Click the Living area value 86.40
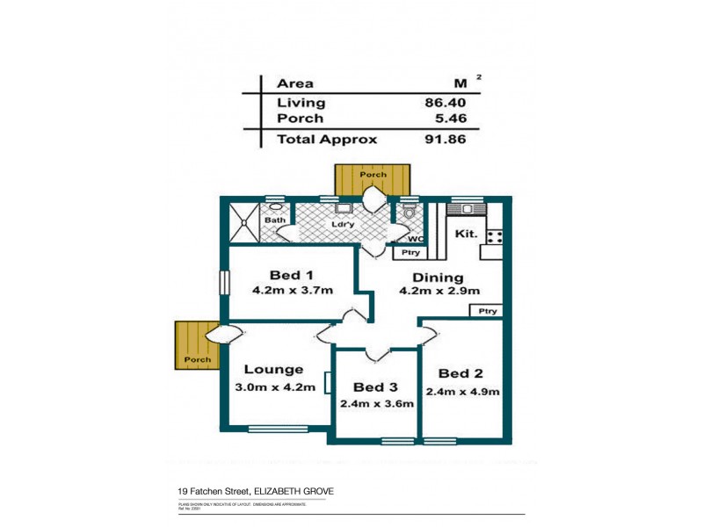(441, 103)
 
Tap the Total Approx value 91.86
(441, 139)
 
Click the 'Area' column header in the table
(296, 83)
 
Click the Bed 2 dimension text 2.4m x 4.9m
(462, 392)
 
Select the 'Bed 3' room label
(376, 386)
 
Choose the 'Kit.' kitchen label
(465, 235)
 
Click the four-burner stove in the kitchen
(493, 235)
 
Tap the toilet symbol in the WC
(407, 214)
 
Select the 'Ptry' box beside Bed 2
(488, 311)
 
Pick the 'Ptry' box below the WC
(409, 253)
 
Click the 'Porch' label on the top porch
(373, 174)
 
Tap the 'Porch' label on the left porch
(196, 360)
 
